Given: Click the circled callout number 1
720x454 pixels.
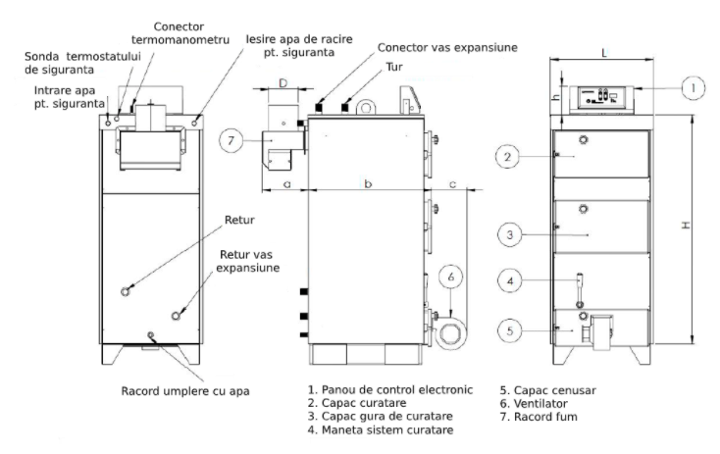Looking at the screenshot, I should (x=693, y=89).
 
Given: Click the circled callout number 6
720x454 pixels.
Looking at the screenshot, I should (x=451, y=278).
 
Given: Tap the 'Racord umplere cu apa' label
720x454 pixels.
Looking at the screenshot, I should (x=186, y=390).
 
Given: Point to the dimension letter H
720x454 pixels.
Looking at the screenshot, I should (x=687, y=227).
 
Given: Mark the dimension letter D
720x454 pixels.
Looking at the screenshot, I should (x=284, y=83).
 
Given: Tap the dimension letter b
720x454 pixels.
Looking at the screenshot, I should (x=367, y=182).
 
